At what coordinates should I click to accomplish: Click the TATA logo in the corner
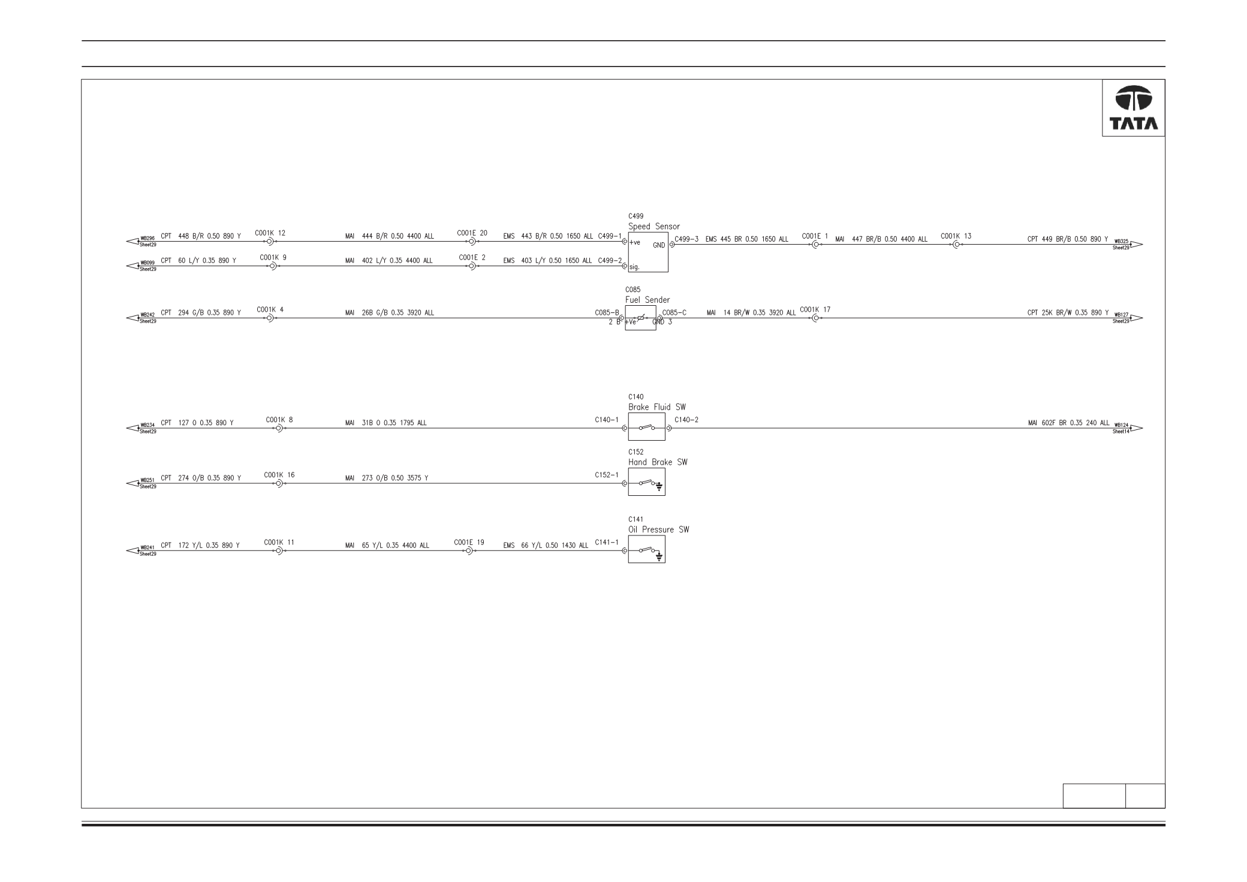pos(1134,108)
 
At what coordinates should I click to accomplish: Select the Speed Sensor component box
pos(648,252)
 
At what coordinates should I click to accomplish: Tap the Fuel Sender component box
pos(640,318)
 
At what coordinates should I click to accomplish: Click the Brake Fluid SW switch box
pos(646,427)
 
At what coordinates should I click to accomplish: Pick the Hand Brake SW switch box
pos(646,482)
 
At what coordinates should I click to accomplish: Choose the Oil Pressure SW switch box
pos(646,549)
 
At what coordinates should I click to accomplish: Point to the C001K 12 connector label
pos(270,233)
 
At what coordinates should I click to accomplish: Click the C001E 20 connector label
pos(472,233)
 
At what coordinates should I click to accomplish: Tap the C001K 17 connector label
pos(815,309)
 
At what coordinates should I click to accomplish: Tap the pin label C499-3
pos(686,239)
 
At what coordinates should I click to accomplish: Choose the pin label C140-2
pos(686,419)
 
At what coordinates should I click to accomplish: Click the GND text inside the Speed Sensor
pos(658,245)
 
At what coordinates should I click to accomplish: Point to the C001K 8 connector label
pos(279,420)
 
